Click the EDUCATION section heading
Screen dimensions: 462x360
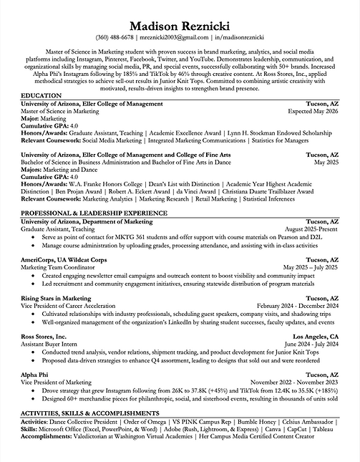tap(41, 95)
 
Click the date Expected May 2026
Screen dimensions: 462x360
tap(312, 111)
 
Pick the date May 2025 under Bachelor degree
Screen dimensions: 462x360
tap(326, 163)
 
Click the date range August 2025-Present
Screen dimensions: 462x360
tap(309, 229)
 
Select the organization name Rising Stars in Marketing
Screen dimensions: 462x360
tap(62, 297)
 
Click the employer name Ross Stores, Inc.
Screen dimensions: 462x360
tap(44, 335)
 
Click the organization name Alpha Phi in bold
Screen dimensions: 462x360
tap(34, 374)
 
